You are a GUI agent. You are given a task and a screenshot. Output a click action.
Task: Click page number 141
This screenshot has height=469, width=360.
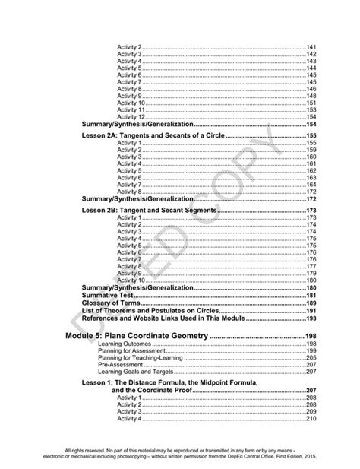pyautogui.click(x=311, y=48)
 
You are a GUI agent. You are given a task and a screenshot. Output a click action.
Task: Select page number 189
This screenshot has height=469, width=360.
pyautogui.click(x=311, y=303)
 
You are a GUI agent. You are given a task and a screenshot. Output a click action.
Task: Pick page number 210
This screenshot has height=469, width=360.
pyautogui.click(x=311, y=419)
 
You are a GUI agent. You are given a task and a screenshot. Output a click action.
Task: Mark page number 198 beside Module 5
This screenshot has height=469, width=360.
pyautogui.click(x=310, y=335)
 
